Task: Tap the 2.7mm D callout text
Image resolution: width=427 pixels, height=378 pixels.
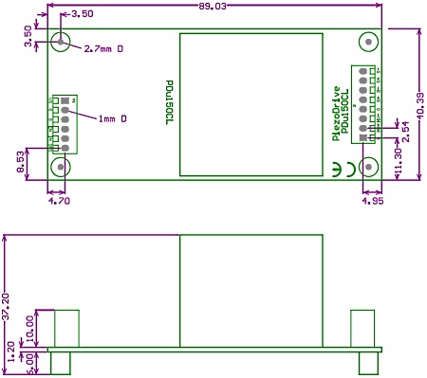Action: pos(103,48)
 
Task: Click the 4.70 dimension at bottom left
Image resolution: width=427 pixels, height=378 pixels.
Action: pos(59,201)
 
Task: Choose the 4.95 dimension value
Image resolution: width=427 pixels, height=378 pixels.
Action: pos(372,201)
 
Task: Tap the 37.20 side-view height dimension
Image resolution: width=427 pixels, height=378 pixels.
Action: pos(8,310)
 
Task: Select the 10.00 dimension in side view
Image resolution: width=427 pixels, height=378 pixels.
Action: pos(28,327)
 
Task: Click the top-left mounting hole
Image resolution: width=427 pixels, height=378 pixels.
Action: pos(62,43)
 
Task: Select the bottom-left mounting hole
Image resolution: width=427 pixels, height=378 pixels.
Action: pos(62,168)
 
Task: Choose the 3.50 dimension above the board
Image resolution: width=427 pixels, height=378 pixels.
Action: pos(83,14)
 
